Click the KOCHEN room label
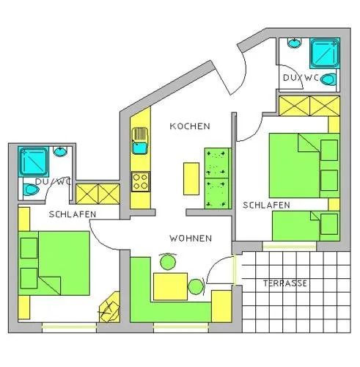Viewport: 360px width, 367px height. point(190,126)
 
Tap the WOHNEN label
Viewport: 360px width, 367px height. point(191,239)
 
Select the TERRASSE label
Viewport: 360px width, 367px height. point(285,283)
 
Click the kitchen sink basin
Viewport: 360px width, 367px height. point(139,148)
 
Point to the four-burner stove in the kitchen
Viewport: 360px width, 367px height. point(140,181)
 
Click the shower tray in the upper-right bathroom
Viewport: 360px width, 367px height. point(325,53)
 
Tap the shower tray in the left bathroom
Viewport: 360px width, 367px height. point(33,161)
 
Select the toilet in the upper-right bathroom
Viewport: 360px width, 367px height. point(328,80)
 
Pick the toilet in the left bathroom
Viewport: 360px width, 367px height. point(31,190)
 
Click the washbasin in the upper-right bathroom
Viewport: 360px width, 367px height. point(294,43)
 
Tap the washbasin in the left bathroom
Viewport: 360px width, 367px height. point(60,152)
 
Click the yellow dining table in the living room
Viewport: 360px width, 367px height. point(170,286)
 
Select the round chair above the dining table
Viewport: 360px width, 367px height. point(168,262)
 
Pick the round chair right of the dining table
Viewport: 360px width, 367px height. point(196,287)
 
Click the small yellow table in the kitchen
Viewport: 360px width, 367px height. point(191,178)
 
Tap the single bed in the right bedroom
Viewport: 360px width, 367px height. point(306,226)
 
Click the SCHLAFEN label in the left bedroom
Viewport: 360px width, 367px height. point(73,214)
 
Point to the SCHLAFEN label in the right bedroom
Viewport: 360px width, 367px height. point(266,205)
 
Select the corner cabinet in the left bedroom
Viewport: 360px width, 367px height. point(110,308)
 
